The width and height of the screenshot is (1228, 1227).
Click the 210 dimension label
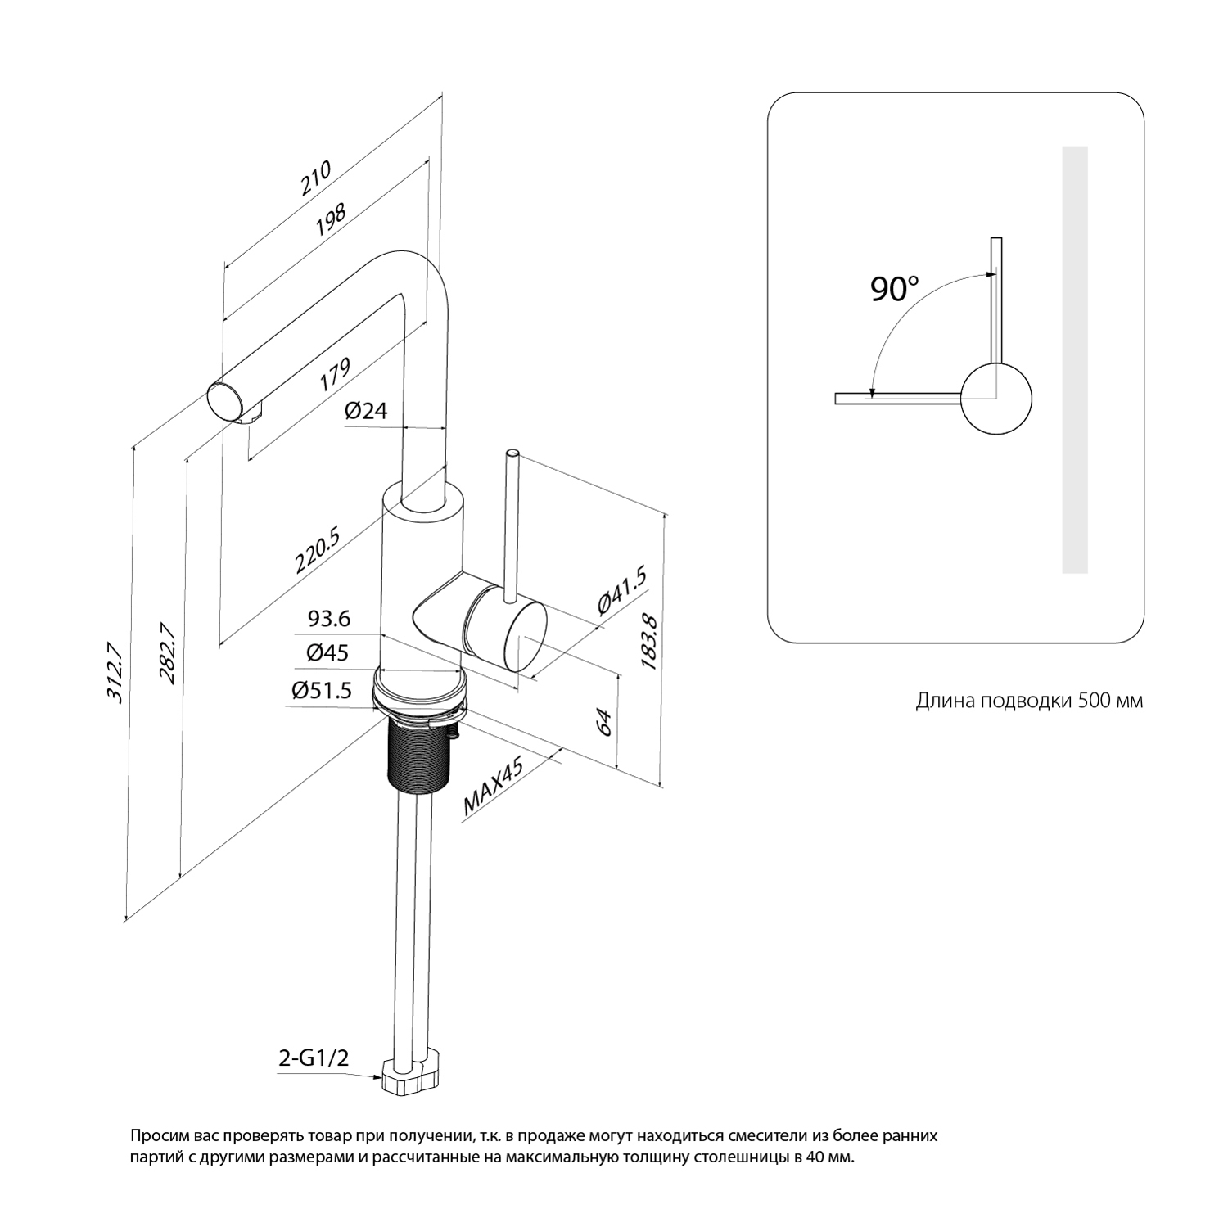[x=316, y=178]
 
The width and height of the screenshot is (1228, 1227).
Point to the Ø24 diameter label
[x=365, y=410]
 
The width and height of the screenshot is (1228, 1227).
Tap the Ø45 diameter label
[x=327, y=652]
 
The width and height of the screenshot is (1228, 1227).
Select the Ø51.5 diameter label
[x=322, y=691]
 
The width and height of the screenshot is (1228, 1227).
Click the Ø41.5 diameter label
[x=622, y=590]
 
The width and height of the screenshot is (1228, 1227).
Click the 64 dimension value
[x=604, y=723]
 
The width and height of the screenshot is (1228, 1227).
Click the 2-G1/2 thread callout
[x=314, y=1058]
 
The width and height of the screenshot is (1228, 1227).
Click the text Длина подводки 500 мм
[x=1029, y=701]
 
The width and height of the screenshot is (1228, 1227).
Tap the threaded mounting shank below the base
[x=418, y=753]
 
